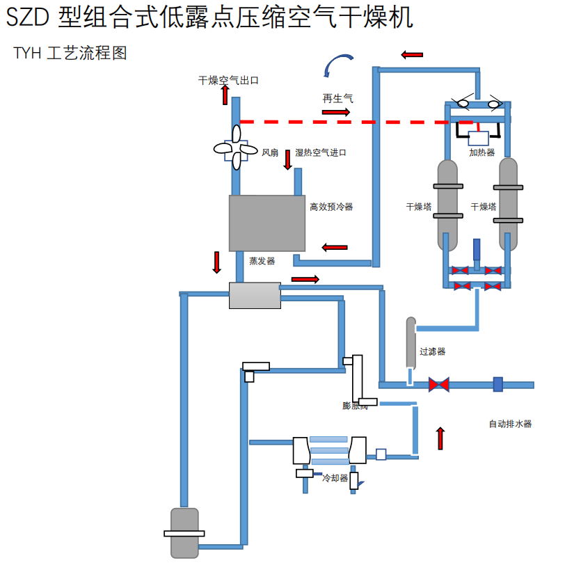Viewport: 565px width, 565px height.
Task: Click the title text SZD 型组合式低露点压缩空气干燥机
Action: pyautogui.click(x=209, y=18)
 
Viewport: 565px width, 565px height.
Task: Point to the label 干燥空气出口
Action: pyautogui.click(x=229, y=81)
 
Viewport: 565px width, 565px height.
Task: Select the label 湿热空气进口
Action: pyautogui.click(x=321, y=153)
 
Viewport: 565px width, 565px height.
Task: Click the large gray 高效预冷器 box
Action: pyautogui.click(x=267, y=223)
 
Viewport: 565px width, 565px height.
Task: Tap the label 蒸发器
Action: pyautogui.click(x=262, y=261)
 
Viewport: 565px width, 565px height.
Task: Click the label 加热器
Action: pyautogui.click(x=482, y=153)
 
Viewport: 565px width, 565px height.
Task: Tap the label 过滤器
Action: pyautogui.click(x=432, y=352)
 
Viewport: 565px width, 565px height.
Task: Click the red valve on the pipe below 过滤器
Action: pyautogui.click(x=438, y=384)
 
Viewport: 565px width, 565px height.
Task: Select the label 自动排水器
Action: pyautogui.click(x=510, y=424)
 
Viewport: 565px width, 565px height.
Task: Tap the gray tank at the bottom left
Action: pyautogui.click(x=184, y=533)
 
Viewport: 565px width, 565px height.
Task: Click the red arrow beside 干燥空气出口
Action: pyautogui.click(x=225, y=95)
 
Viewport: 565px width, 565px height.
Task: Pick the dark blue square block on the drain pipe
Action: pyautogui.click(x=498, y=384)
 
